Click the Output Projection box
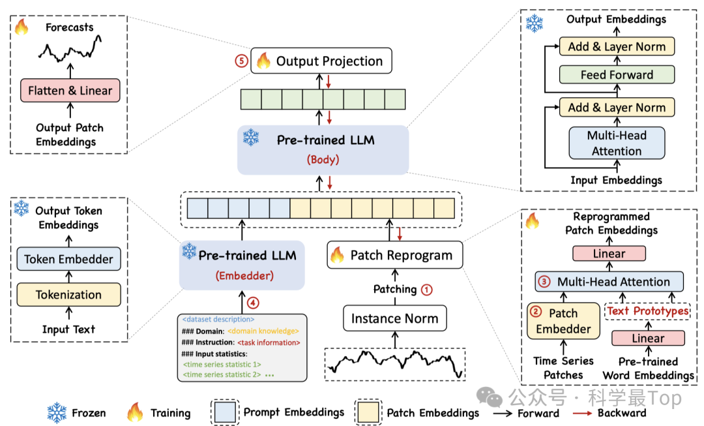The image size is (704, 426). [x=321, y=61]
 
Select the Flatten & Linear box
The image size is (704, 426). [x=70, y=91]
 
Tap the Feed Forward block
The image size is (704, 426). [x=616, y=75]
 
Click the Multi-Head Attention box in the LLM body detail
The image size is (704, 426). [x=616, y=144]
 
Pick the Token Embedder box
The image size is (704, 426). [x=68, y=259]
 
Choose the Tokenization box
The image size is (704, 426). [x=68, y=294]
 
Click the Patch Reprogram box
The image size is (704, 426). [x=394, y=255]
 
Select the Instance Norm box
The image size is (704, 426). [x=394, y=319]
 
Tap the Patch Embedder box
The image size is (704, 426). [x=563, y=320]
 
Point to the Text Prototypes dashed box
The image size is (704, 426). [x=647, y=311]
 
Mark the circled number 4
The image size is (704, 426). [x=252, y=302]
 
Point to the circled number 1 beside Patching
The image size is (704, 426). [x=427, y=289]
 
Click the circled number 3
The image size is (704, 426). [x=544, y=282]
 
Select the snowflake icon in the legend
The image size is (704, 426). [x=57, y=412]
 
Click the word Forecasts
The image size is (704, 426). [x=69, y=27]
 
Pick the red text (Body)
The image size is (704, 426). [x=323, y=159]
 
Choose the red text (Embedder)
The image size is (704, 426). [x=242, y=275]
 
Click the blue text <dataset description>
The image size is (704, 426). [x=218, y=320]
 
